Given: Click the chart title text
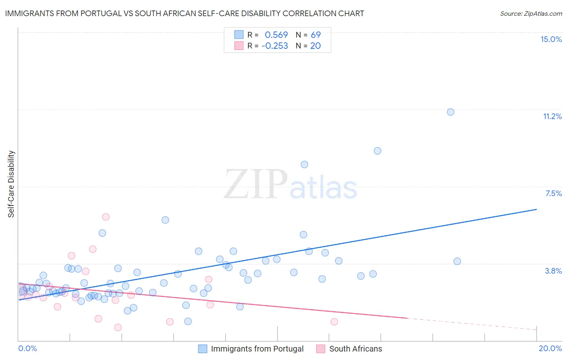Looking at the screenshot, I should (184, 14).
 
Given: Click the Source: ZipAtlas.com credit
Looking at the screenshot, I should (531, 14).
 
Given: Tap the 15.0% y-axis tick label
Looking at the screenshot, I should (551, 39).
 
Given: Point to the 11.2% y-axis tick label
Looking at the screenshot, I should (552, 116).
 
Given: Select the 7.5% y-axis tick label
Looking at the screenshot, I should (553, 193).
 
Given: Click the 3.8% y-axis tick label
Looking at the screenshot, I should (553, 271).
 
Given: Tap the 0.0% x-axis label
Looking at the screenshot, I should (27, 348).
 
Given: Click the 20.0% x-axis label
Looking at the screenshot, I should (550, 348).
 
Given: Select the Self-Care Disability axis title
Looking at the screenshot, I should (11, 184).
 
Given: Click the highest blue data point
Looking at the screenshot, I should (450, 112).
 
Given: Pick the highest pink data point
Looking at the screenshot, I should (106, 217).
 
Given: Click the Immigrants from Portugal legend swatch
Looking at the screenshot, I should (202, 349).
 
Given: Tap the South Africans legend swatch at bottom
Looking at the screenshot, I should (321, 349).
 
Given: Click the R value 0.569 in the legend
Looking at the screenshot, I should (276, 35).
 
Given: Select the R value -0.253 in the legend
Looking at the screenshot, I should (275, 46).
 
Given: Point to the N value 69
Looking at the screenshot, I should (316, 35).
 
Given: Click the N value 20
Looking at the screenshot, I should (315, 46).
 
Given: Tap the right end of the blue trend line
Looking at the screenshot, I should (536, 209).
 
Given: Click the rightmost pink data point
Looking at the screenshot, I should (334, 322).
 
